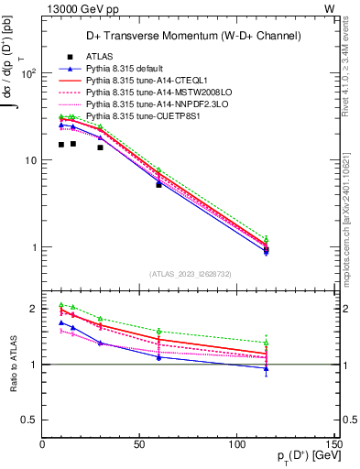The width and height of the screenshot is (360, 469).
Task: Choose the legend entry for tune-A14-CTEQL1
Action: pos(145,81)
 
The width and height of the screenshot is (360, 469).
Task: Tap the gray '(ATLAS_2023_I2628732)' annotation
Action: pos(191,272)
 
